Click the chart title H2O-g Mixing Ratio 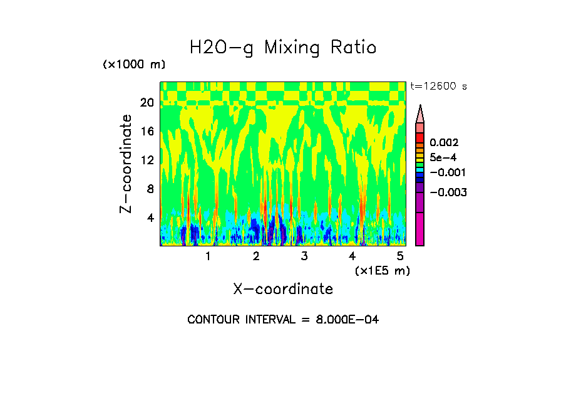tap(283, 48)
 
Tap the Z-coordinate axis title tap(126, 164)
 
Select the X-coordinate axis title tap(283, 289)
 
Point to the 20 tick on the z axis tap(147, 103)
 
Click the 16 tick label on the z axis tap(147, 132)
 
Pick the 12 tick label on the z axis tap(147, 160)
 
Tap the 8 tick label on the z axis tap(150, 189)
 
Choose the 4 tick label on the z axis tap(150, 218)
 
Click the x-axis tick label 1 tap(208, 256)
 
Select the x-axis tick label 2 tap(256, 256)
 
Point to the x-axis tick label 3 tap(304, 256)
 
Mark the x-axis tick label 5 tap(400, 256)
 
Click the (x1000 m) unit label tap(133, 65)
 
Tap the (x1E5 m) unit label tap(382, 271)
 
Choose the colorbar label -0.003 tap(448, 192)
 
